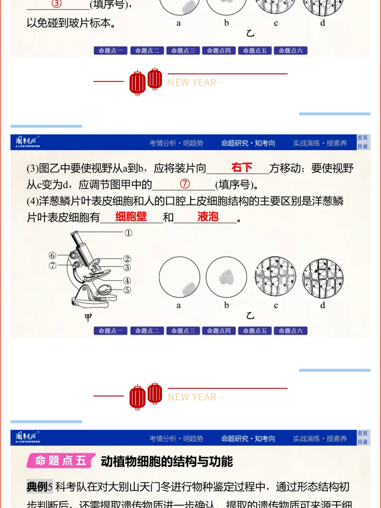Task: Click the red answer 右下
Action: point(242,167)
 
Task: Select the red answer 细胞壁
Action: point(131,216)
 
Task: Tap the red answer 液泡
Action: point(208,216)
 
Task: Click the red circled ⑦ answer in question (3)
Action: point(185,184)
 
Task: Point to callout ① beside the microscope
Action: point(128,233)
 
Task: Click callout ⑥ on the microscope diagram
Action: point(53,255)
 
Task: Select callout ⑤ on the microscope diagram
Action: point(127,290)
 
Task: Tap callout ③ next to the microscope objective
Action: point(127,268)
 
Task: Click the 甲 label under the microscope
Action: point(88,317)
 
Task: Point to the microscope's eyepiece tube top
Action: point(75,234)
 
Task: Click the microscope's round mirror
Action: point(105,289)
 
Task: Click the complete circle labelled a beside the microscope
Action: point(179,277)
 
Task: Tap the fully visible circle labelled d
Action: point(323,279)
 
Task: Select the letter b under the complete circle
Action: point(226,305)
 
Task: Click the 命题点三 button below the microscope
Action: point(183,331)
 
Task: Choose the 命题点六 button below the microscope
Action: point(290,331)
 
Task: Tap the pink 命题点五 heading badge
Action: point(61,461)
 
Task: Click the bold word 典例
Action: point(37,487)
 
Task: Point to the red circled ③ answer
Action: point(57,4)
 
